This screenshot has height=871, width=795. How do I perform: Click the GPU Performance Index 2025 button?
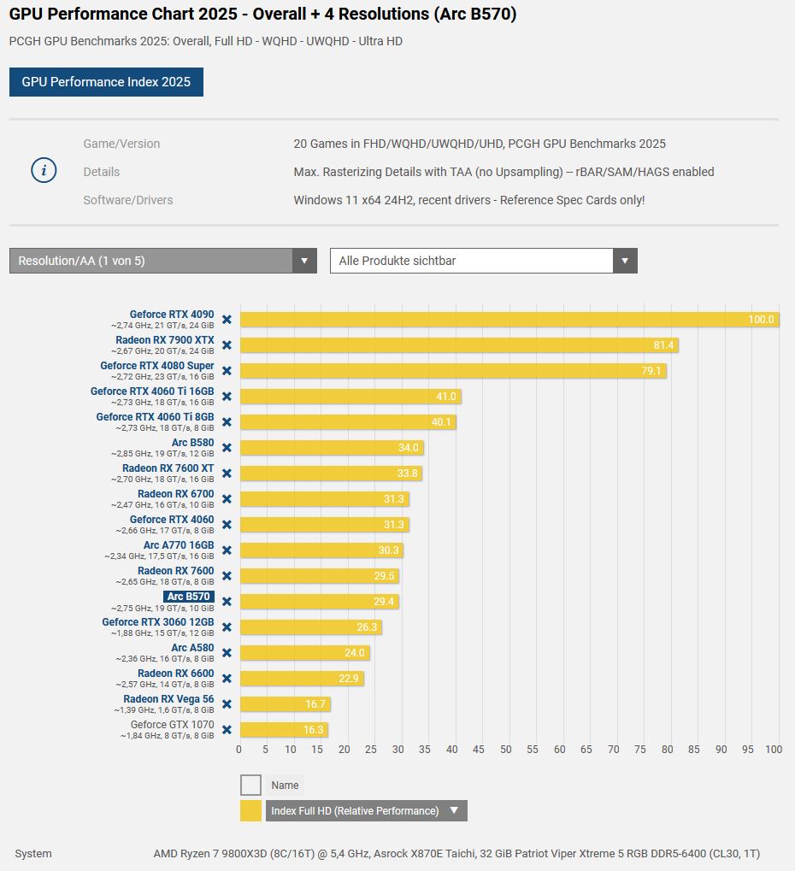click(106, 82)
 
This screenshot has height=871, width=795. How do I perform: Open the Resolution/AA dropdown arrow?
click(304, 261)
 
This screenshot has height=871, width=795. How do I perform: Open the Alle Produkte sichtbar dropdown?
click(483, 261)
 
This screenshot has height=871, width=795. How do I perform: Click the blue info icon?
click(44, 171)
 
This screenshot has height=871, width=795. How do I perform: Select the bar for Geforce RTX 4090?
click(509, 320)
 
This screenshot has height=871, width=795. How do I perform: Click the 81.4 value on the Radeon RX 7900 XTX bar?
click(663, 345)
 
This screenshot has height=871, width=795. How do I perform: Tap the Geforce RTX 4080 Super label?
click(157, 366)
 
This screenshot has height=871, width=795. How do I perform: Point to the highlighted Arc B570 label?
click(188, 597)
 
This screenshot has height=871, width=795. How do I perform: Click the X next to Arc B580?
click(227, 448)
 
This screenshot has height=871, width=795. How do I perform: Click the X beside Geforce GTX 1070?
click(227, 730)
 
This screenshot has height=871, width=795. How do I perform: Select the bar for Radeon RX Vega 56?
click(285, 704)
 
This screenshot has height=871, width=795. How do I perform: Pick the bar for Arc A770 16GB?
click(321, 550)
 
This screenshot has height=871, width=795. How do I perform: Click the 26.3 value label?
click(366, 627)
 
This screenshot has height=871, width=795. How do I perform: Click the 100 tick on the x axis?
click(774, 750)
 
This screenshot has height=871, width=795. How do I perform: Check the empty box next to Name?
click(250, 785)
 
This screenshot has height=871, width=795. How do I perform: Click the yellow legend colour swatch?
click(250, 810)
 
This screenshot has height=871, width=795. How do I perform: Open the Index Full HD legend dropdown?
click(454, 810)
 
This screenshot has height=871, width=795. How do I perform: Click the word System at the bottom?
click(33, 853)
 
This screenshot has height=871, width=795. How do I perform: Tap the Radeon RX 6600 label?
click(175, 674)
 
